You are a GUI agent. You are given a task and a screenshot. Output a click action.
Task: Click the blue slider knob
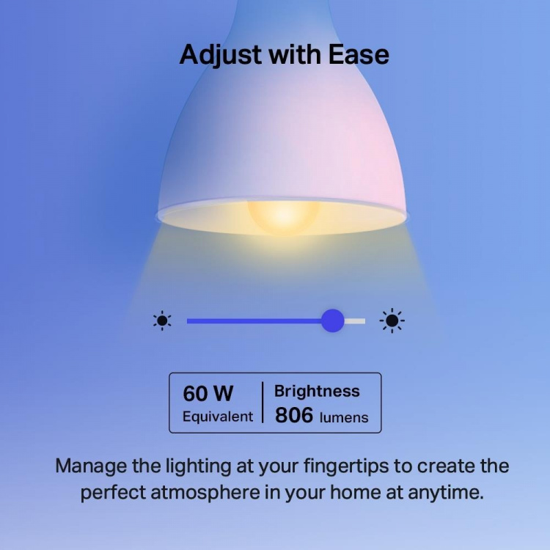(x=333, y=320)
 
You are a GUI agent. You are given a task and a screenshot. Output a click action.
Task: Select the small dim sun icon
(x=162, y=320)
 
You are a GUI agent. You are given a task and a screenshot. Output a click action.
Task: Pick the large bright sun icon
(x=392, y=320)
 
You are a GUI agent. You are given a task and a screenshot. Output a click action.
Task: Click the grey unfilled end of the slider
(x=356, y=320)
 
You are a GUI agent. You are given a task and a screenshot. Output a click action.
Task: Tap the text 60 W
(x=208, y=394)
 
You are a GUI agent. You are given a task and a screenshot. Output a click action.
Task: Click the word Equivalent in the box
(x=218, y=417)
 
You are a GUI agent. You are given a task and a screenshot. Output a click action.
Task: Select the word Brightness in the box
(x=317, y=392)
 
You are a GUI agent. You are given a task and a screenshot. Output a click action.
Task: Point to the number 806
(x=293, y=416)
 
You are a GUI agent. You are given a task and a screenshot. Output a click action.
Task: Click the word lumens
(x=344, y=417)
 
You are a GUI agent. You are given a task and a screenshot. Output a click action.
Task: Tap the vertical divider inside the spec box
(x=263, y=403)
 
